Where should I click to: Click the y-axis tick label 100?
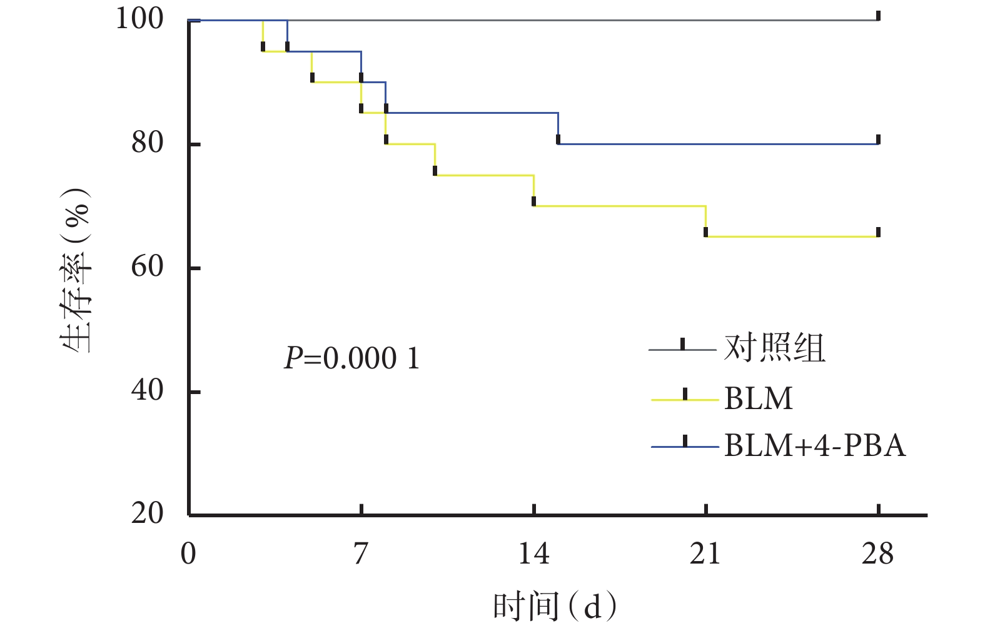pos(139,19)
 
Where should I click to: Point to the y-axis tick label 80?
pos(148,143)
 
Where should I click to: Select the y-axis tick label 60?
pos(148,267)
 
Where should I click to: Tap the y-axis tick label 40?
pos(148,391)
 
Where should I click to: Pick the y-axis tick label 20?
pos(148,514)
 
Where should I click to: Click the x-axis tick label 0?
pos(188,554)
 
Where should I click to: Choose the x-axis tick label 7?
pos(361,554)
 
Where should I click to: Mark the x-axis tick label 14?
pos(533,554)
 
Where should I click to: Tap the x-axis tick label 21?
pos(705,554)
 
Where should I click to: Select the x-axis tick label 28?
pos(878,554)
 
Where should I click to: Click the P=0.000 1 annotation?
pos(352,359)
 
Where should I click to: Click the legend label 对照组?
pos(774,348)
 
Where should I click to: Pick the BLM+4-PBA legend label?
pos(815,446)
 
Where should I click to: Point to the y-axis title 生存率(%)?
pos(76,270)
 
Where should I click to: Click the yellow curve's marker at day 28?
pos(879,233)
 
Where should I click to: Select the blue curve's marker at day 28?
pos(879,139)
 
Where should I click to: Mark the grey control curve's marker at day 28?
pos(879,16)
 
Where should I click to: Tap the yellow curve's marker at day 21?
pos(706,232)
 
